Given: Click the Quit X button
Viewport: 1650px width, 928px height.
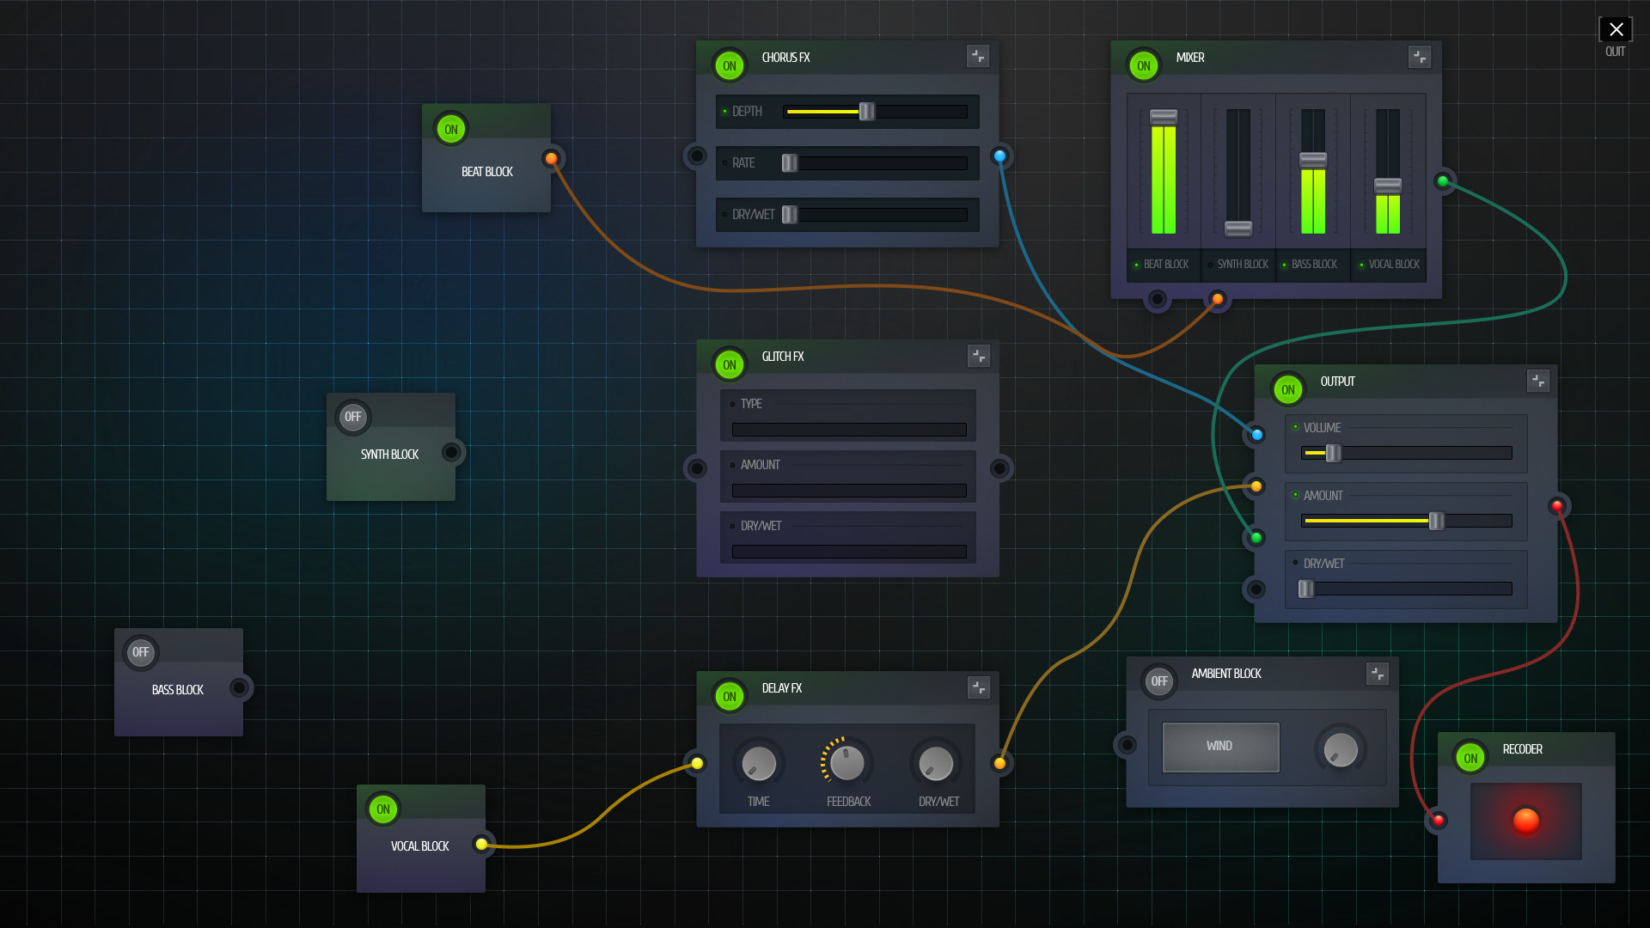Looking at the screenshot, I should click(x=1616, y=30).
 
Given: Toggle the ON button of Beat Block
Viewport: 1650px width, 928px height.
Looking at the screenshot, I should click(x=451, y=130).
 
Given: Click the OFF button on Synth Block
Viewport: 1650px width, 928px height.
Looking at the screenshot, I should click(x=352, y=417).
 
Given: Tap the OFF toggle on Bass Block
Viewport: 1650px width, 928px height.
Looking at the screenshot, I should click(x=140, y=652).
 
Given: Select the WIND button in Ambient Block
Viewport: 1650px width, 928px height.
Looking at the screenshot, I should click(x=1220, y=747).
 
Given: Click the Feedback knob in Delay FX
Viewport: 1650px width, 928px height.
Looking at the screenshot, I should click(x=847, y=763).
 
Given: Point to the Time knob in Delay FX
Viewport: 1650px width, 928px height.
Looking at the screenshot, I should click(x=758, y=763).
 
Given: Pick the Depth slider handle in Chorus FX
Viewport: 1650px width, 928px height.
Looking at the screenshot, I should click(x=867, y=112).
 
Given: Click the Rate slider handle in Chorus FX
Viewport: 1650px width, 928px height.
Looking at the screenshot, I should click(x=790, y=163).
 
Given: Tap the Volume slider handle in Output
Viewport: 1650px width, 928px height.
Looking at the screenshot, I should click(x=1333, y=453).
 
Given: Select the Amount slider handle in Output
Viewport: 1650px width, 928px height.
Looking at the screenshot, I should click(x=1436, y=521).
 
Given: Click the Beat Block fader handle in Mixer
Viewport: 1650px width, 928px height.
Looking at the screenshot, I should click(x=1164, y=117).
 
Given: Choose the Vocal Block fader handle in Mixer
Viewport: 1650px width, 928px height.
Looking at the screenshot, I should click(x=1388, y=186).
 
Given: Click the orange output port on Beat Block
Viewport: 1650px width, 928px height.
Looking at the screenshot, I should click(x=552, y=158).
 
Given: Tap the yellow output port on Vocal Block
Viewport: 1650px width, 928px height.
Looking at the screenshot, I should click(x=482, y=845).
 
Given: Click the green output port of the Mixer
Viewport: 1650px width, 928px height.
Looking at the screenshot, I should click(x=1444, y=181).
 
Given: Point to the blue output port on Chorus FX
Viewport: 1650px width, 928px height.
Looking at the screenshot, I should click(x=999, y=156).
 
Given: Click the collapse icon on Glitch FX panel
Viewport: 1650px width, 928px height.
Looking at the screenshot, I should click(x=979, y=356).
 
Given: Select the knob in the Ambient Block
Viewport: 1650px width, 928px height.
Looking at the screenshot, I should click(x=1341, y=749).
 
